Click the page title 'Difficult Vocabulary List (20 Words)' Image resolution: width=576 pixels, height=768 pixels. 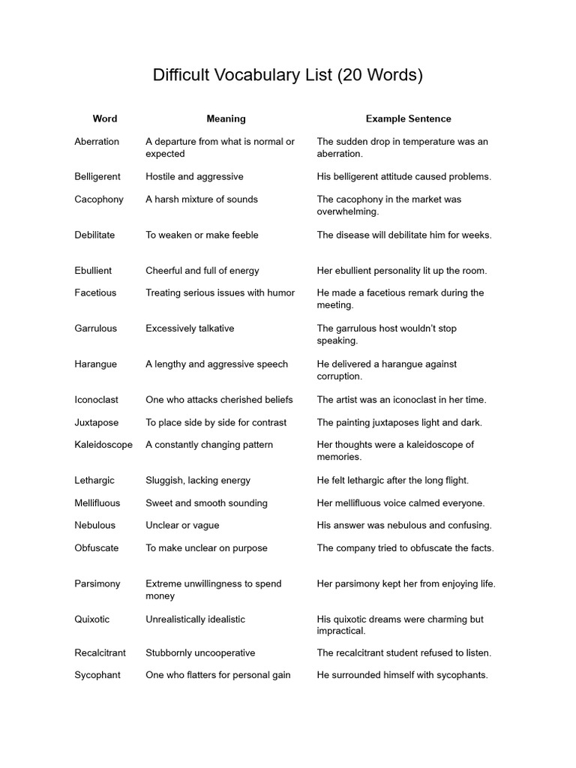coord(288,75)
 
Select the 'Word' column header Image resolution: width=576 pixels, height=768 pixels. coord(105,118)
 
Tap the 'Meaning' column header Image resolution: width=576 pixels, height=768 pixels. coord(226,118)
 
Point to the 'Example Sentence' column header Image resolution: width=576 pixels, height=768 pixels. coord(408,118)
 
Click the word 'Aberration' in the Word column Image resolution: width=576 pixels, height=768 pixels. coord(97,141)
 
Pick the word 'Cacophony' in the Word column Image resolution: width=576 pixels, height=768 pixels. coord(97,199)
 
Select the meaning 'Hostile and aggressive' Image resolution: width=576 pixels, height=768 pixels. coord(194,176)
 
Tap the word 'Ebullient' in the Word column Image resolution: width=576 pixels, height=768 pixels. coord(93,270)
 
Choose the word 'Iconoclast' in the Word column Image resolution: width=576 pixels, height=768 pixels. coord(96,399)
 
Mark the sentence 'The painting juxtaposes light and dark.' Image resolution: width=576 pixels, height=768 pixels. coord(399,421)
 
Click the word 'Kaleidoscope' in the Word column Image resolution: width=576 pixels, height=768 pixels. coord(103,444)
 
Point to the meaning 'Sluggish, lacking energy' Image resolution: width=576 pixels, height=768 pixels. coord(198,480)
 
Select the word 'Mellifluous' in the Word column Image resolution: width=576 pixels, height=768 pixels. coord(97,502)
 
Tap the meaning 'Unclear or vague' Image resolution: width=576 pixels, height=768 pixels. coord(182,525)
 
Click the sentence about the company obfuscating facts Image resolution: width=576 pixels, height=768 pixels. coord(405,547)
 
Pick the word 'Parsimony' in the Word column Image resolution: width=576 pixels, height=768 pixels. coord(97,583)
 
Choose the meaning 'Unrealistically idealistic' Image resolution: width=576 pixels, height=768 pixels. coord(195,619)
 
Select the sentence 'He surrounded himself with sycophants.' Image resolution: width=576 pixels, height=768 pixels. coord(402,674)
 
